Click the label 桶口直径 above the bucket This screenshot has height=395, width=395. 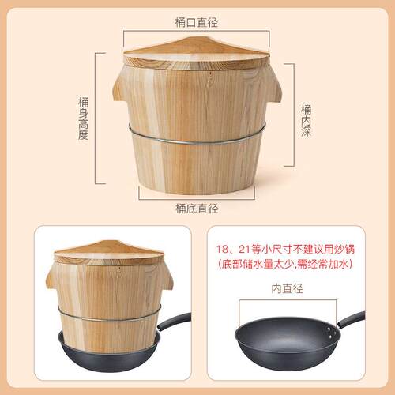pos(197,23)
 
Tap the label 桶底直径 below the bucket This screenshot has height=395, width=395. pos(197,209)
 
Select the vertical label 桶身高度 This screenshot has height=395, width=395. pos(83,118)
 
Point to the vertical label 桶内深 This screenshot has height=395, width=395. pos(306,121)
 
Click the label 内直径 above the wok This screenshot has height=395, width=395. pos(288,288)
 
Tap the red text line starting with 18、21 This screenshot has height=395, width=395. pos(285,249)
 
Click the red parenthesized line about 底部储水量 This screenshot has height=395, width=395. pos(285,264)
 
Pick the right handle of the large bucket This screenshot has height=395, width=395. pos(274,89)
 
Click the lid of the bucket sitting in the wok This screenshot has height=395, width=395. pos(109,253)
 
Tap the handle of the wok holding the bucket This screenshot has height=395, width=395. pos(174,320)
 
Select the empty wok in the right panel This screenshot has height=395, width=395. pos(288,340)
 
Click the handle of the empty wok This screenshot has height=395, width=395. pos(352,319)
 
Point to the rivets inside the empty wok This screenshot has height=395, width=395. pos(331,333)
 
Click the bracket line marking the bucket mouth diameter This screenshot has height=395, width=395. pos(197,31)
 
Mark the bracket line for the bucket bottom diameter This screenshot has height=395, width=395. pos(197,199)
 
